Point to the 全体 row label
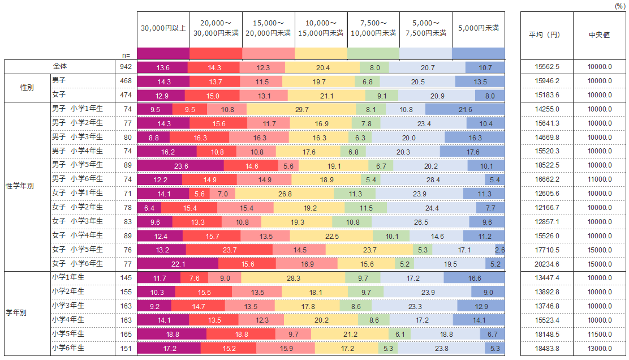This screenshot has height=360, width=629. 60,67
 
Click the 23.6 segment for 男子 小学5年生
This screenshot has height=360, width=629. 180,165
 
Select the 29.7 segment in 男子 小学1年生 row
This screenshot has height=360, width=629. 302,109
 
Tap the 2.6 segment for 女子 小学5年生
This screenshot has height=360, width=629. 500,250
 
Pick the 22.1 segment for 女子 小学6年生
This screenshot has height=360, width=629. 178,264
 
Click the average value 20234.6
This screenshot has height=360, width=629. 546,264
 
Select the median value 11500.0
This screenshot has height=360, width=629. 599,334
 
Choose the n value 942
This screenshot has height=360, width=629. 126,67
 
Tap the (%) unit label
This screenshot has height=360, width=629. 620,6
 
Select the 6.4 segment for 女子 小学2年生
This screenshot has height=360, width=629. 149,208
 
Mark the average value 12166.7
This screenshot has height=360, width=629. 546,208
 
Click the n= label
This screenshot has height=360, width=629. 126,55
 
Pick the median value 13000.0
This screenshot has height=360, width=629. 599,348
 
